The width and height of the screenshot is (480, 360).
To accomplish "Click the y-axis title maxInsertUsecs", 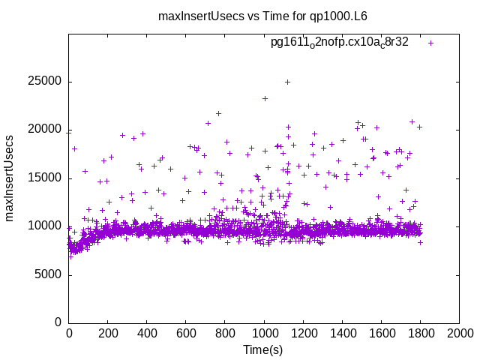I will click(10, 178).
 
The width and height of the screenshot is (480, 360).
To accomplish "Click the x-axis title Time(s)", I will click(263, 350).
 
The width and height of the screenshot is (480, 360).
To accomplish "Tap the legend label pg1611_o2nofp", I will click(339, 42).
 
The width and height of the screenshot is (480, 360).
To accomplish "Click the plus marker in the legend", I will click(430, 43).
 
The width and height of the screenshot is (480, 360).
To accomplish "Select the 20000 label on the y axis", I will click(46, 130).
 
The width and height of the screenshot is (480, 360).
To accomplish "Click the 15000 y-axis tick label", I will click(46, 178).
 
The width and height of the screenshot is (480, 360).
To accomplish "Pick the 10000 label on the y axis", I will click(46, 226).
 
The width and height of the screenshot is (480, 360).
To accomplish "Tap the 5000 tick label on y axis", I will click(49, 274).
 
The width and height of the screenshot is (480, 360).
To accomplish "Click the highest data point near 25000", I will click(287, 82).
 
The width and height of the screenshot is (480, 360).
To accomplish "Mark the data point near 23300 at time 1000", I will click(265, 98).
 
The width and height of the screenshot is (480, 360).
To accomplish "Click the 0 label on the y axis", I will click(58, 322).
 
